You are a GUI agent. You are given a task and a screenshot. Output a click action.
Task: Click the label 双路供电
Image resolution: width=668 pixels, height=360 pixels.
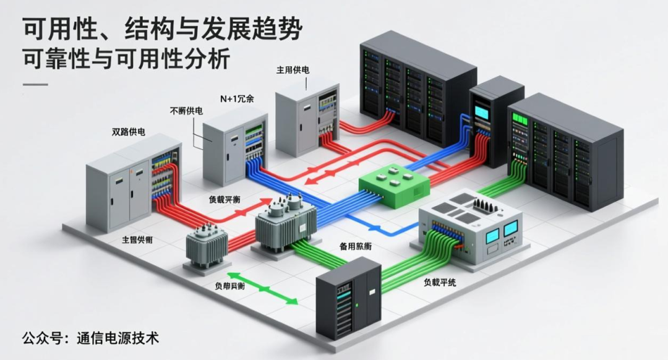click(128, 131)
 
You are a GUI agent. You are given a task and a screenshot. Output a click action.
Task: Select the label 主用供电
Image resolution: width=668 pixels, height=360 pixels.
click(293, 70)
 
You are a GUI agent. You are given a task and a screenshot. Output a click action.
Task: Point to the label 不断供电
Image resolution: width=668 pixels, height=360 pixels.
click(186, 111)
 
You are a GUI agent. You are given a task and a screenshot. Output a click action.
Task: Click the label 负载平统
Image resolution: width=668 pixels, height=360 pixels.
click(440, 282)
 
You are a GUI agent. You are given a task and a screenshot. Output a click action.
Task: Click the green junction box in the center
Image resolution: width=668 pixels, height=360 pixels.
click(394, 186)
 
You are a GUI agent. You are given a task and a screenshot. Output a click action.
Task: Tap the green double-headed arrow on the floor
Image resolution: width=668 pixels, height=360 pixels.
click(262, 288)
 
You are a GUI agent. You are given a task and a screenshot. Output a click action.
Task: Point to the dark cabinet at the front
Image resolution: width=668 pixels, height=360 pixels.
click(348, 297)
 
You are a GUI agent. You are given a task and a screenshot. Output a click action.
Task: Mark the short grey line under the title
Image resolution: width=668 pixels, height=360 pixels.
click(35, 84)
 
